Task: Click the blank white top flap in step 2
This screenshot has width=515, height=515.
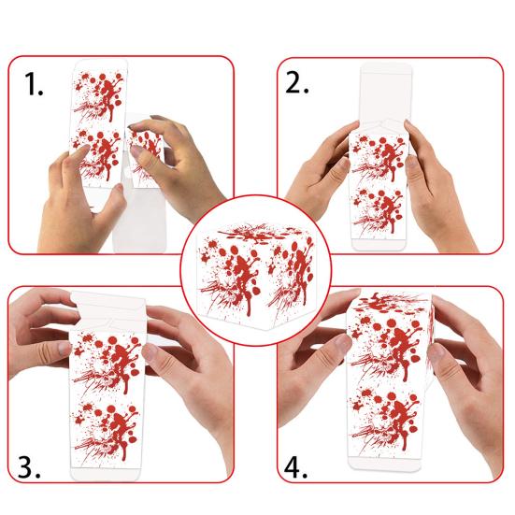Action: tap(384, 98)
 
